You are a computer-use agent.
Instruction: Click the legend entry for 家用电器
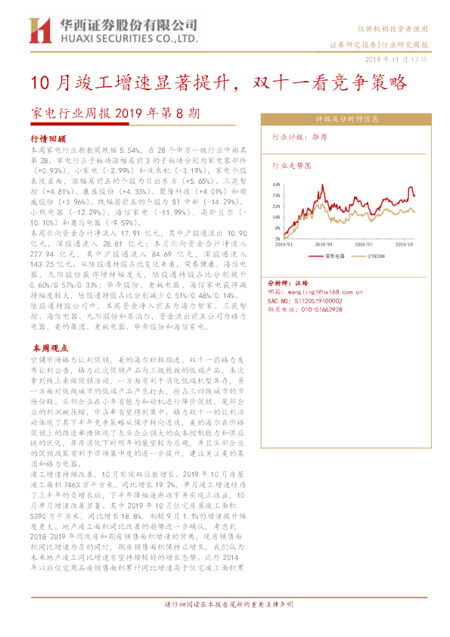pos(332,256)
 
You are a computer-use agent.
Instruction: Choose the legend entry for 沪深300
pos(371,256)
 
